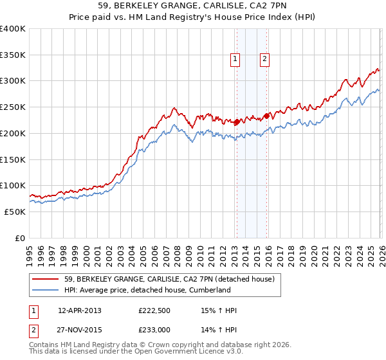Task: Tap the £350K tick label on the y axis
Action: click(x=13, y=55)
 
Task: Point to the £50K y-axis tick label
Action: click(x=15, y=212)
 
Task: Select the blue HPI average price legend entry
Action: click(x=147, y=291)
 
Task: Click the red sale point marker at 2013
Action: click(x=237, y=122)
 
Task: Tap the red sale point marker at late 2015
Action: click(x=267, y=116)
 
